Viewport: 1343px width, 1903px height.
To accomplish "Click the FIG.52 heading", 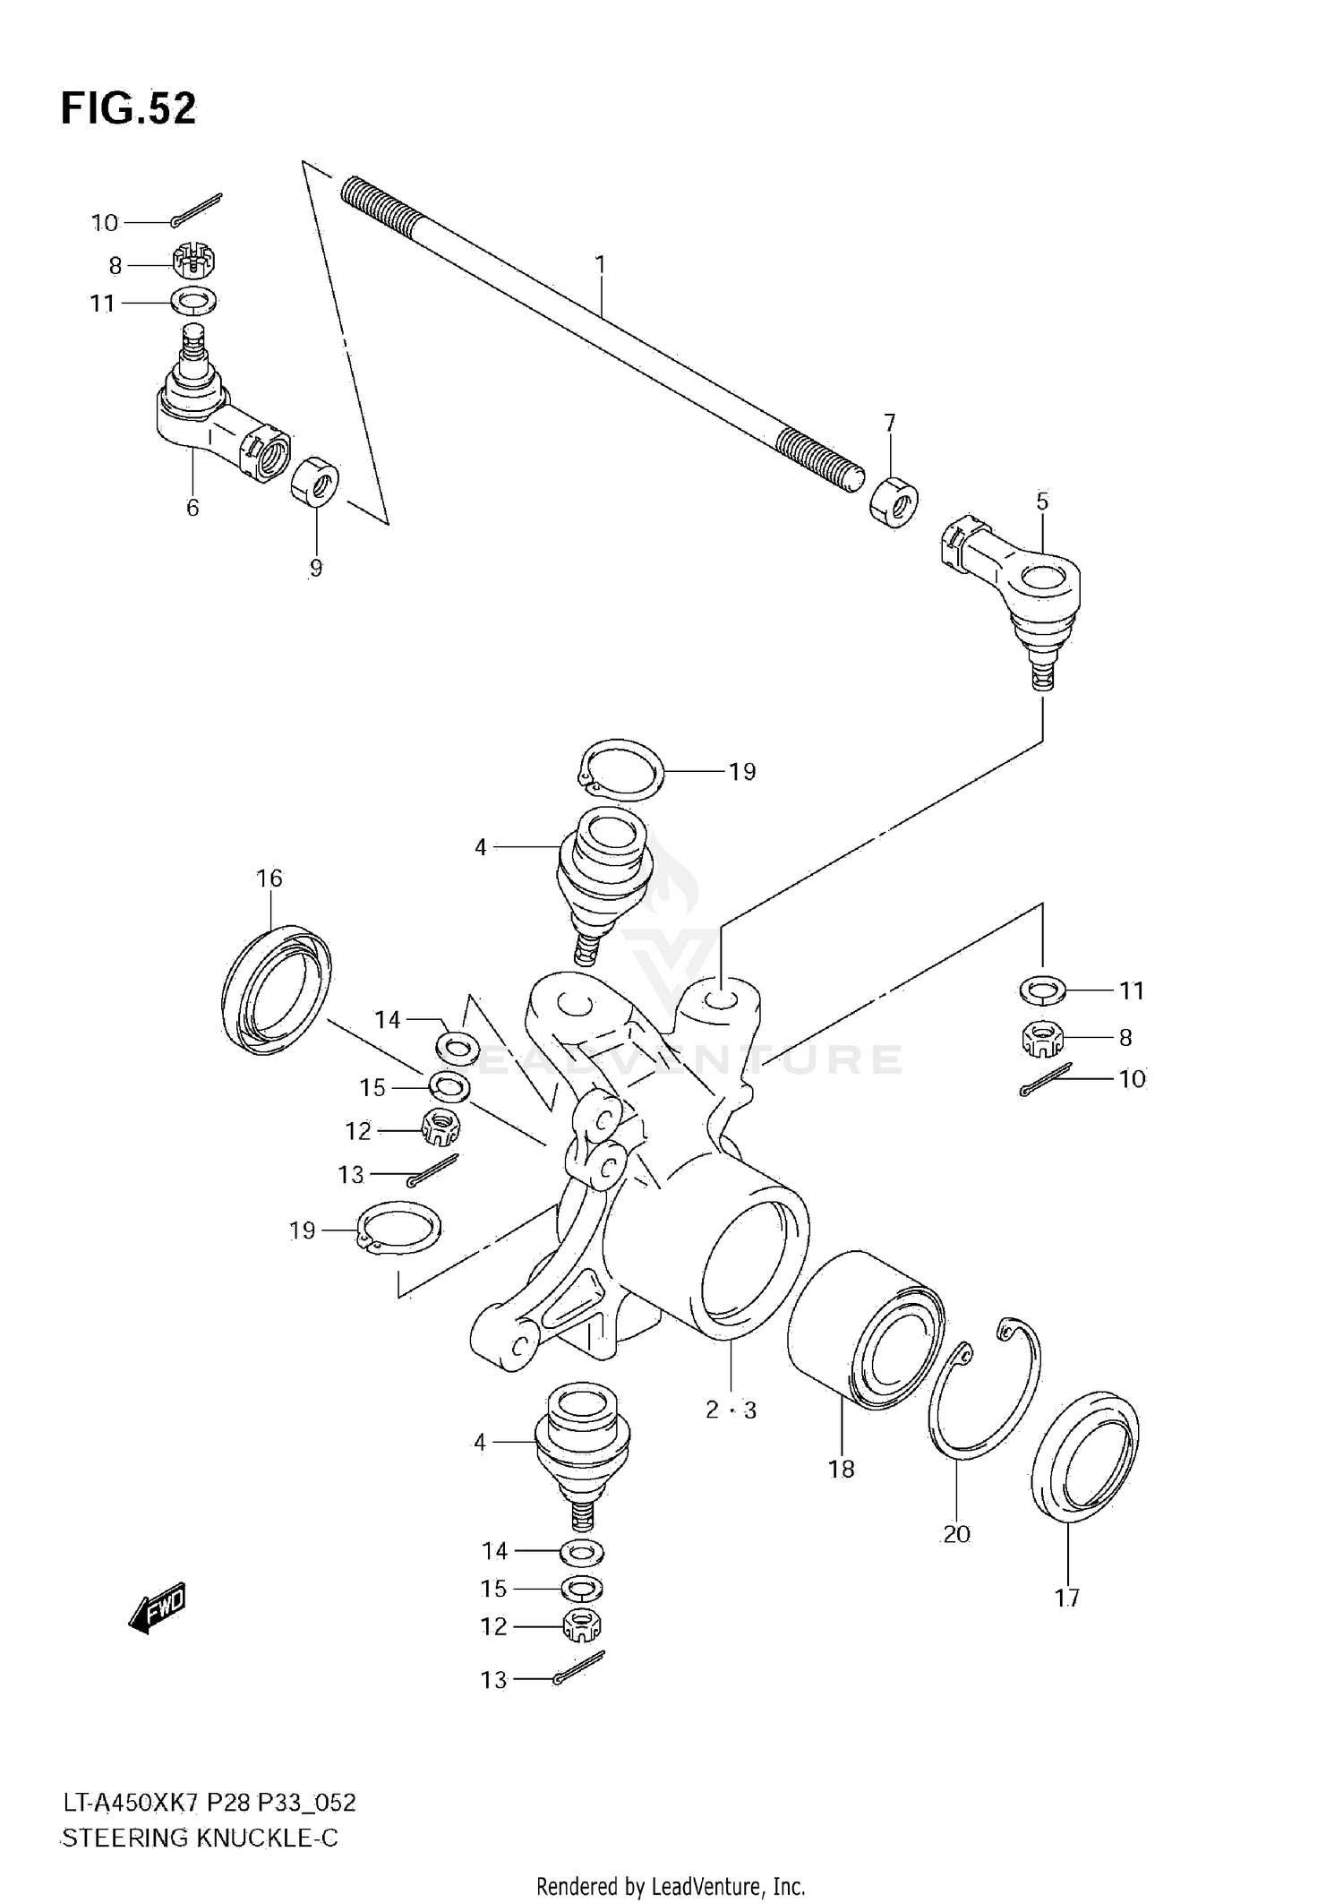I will click(128, 109).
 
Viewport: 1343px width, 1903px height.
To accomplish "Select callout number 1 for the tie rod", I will click(601, 264).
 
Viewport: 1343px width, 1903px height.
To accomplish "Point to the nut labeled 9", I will click(315, 481).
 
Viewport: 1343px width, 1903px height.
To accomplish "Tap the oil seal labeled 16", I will click(275, 990).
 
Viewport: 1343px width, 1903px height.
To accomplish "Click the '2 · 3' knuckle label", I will click(731, 1410).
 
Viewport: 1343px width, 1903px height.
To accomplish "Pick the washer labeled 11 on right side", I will click(1042, 990).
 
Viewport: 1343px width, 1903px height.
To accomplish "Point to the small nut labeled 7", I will click(894, 503).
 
